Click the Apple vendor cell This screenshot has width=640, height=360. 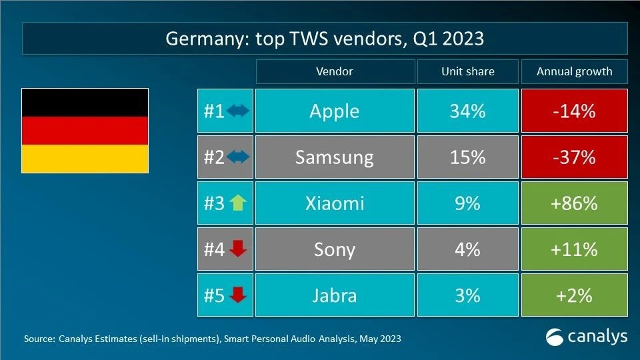coord(334,111)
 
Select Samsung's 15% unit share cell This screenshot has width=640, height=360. coord(467,157)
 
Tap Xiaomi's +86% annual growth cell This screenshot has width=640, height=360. coord(574,203)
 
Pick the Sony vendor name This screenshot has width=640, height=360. coord(334,249)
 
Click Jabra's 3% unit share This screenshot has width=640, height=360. coord(467,295)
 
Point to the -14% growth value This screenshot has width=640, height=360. coord(574,111)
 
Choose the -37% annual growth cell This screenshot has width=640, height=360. coord(574,157)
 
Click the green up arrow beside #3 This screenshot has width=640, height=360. coord(237,203)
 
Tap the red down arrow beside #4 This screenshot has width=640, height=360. coord(237,249)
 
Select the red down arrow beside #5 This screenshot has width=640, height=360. coord(237,295)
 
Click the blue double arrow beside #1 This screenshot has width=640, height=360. coord(237,111)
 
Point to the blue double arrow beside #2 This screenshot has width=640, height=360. coord(237,157)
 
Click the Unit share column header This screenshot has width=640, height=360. coord(467,71)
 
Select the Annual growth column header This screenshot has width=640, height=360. coord(574,71)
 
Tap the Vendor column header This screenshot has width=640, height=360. coord(334,71)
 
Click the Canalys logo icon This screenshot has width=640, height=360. coord(555,337)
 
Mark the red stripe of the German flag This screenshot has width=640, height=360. coord(85,131)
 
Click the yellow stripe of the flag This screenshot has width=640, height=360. coord(85,159)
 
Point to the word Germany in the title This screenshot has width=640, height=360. coord(204,39)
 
